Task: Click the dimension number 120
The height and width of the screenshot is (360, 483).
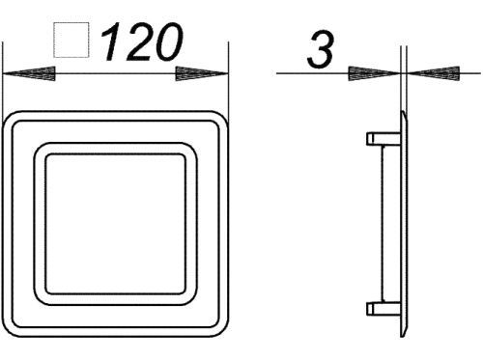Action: tap(142, 42)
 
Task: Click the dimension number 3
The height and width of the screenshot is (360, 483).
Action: tap(321, 50)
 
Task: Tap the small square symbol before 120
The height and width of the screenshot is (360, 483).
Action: tap(71, 40)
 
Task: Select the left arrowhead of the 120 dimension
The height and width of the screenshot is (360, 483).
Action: tap(29, 73)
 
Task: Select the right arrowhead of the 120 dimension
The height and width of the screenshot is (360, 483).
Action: tap(202, 73)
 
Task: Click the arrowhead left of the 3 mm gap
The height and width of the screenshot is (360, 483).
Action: tap(375, 73)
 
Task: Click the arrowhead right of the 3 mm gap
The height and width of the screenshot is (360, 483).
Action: tap(433, 73)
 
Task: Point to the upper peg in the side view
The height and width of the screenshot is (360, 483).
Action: tap(384, 139)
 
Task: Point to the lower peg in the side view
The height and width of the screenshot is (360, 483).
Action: tap(384, 309)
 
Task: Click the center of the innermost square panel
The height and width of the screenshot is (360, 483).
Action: tap(116, 224)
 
